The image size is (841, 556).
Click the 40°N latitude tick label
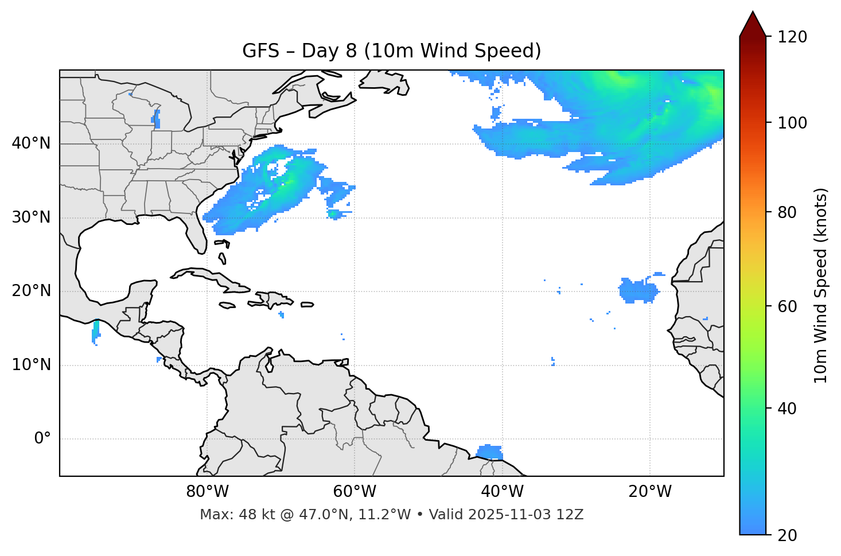(31, 143)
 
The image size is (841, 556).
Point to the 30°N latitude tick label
(31, 217)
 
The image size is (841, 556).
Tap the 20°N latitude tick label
(31, 291)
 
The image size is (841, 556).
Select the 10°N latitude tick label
(31, 365)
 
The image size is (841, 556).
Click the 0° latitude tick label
(42, 439)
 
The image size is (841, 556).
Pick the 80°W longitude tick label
(207, 492)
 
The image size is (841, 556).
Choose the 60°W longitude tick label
(355, 492)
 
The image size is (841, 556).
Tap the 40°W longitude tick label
(502, 492)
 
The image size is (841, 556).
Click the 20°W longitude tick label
(649, 492)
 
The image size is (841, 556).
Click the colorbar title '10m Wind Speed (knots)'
(821, 285)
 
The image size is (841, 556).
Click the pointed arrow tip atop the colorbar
(753, 14)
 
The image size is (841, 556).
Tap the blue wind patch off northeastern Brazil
(490, 452)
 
